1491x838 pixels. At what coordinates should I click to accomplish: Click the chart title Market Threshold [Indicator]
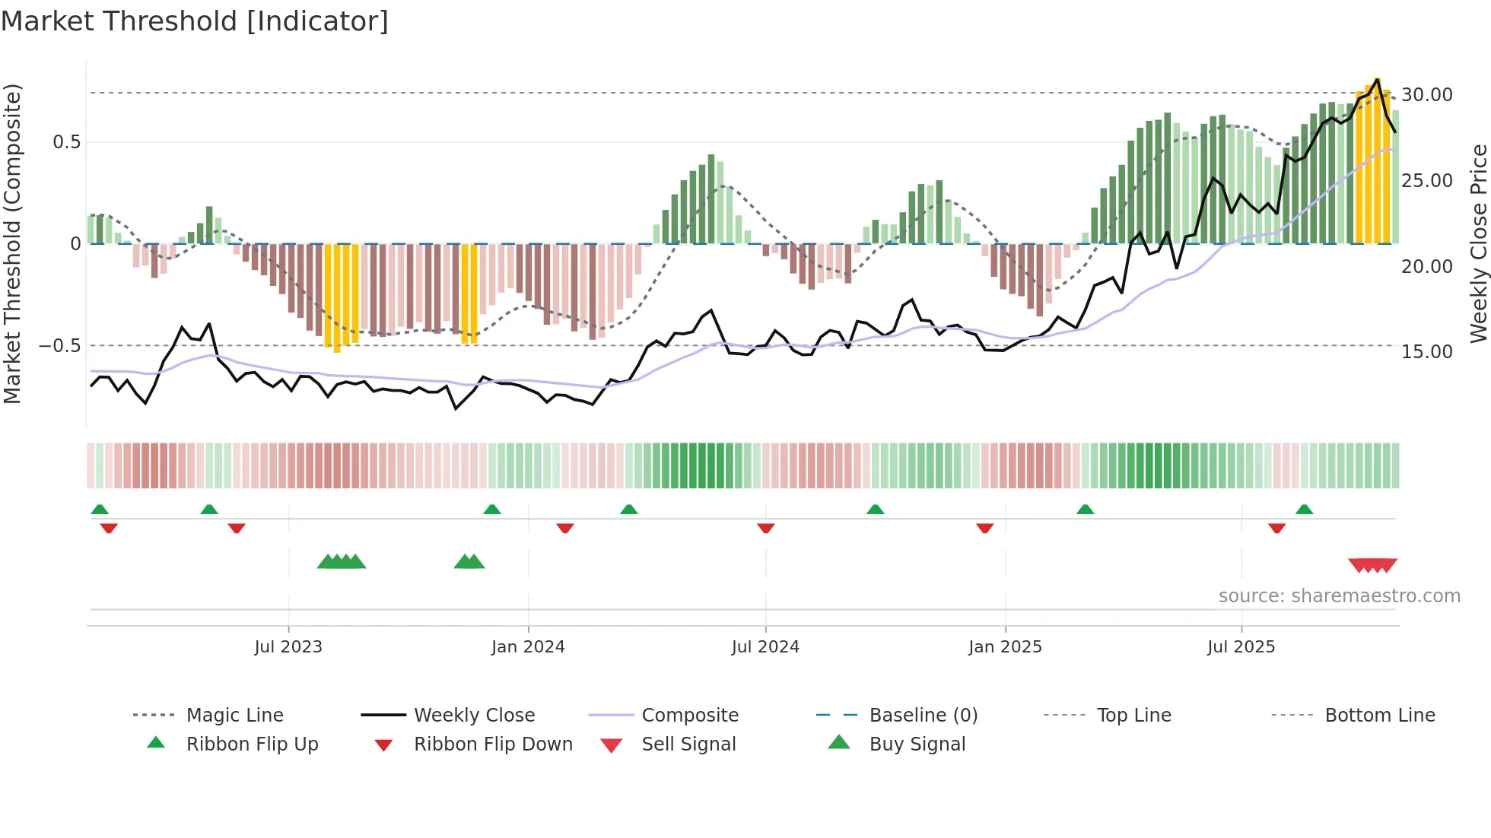(195, 21)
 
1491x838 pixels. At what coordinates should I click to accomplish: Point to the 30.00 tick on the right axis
(1426, 95)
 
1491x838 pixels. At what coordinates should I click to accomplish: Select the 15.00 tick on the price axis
(1426, 352)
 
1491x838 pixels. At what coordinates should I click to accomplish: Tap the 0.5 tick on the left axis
(66, 142)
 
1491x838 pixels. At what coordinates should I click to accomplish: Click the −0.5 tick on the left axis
(60, 346)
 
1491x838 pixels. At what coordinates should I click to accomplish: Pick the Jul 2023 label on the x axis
(288, 647)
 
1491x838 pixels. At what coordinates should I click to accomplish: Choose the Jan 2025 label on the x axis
(1005, 647)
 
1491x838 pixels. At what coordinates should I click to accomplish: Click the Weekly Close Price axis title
(1478, 243)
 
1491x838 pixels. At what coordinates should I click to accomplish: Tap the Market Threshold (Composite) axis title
(13, 243)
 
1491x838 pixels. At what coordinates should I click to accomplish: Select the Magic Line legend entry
(234, 716)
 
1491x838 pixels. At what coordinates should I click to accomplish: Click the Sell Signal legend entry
(688, 744)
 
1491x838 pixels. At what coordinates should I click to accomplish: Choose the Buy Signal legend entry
(917, 744)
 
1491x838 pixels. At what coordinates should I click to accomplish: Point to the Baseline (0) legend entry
(923, 716)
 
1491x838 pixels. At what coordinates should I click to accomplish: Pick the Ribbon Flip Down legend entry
(493, 744)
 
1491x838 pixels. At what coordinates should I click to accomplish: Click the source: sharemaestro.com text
(1339, 596)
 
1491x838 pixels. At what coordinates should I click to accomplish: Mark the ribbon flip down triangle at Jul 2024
(766, 528)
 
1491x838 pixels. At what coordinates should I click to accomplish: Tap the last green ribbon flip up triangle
(1304, 509)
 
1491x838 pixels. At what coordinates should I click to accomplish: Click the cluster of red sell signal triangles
(1372, 565)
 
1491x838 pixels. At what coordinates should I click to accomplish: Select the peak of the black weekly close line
(1377, 80)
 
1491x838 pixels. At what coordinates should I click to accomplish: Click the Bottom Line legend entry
(1379, 716)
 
